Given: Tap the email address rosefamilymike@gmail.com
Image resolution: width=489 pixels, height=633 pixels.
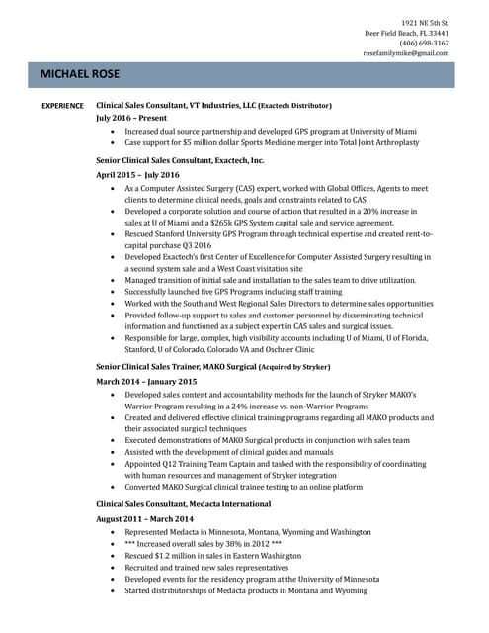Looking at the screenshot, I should click(x=406, y=53).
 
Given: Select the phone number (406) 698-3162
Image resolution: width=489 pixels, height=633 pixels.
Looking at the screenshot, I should click(x=424, y=43).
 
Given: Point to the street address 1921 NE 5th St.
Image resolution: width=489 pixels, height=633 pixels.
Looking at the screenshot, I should click(x=425, y=22).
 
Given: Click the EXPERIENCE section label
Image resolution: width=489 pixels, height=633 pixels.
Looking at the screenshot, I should click(x=61, y=105).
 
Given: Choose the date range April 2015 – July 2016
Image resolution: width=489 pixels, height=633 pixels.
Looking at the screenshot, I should click(x=137, y=174).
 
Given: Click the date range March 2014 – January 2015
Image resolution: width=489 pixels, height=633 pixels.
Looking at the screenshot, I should click(x=146, y=381).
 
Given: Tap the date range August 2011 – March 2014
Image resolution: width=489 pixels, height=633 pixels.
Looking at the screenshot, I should click(x=144, y=518).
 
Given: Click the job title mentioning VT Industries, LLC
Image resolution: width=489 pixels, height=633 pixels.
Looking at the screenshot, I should click(x=213, y=105).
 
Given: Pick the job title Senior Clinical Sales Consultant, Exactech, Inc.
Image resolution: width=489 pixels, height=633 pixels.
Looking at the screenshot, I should click(x=180, y=160).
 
